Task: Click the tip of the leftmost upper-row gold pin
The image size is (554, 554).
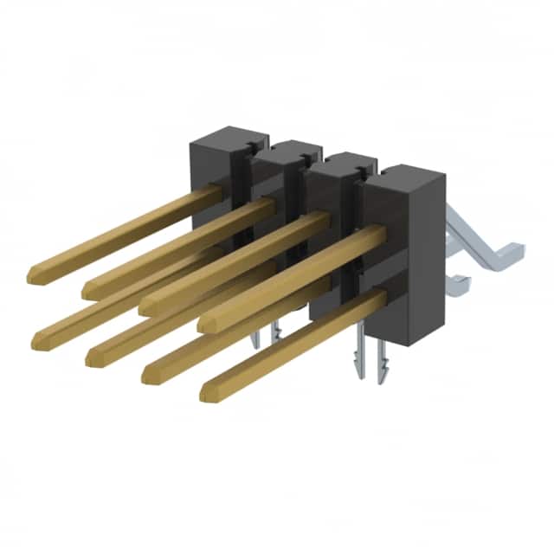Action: [35, 275]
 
